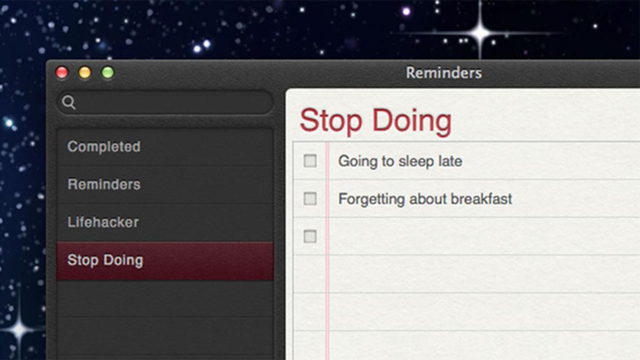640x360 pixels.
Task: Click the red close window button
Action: point(62,73)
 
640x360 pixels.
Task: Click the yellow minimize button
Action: point(85,73)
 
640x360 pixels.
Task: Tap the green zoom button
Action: point(108,73)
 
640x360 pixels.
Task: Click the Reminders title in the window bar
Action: point(444,73)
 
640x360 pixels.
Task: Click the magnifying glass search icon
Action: point(69,102)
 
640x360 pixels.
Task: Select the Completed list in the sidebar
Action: point(103,147)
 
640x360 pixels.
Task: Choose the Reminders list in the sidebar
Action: point(104,185)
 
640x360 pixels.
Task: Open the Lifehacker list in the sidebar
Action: point(103,222)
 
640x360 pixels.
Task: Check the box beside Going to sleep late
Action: point(310,161)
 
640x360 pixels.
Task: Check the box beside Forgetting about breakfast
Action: point(310,198)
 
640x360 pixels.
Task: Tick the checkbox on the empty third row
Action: point(310,236)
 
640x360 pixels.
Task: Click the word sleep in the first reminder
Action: point(416,162)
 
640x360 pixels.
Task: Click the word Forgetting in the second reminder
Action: point(371,199)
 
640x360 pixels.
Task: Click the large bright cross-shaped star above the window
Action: point(481,34)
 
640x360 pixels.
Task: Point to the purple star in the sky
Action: point(406,11)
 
